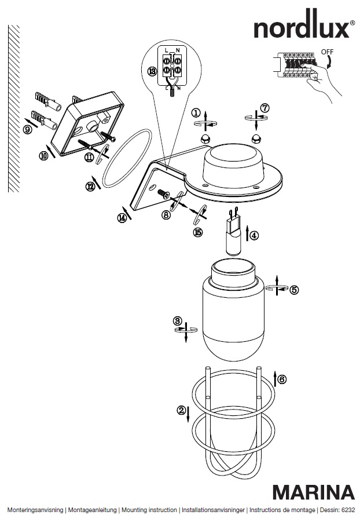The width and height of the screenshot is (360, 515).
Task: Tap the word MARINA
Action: [314, 492]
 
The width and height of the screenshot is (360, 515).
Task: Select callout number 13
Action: [152, 71]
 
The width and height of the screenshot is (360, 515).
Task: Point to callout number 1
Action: [197, 112]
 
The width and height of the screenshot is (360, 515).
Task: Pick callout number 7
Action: [265, 108]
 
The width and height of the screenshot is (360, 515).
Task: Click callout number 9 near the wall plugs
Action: [27, 130]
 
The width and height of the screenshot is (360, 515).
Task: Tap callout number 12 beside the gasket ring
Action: [90, 187]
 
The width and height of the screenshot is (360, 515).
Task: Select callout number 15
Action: [198, 232]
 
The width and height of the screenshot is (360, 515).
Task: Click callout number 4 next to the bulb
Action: [254, 236]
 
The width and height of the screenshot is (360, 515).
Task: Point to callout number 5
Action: [295, 290]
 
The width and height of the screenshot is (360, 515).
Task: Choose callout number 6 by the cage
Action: [282, 379]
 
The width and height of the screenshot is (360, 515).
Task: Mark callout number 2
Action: [182, 411]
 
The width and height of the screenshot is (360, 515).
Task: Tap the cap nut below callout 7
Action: [255, 138]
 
